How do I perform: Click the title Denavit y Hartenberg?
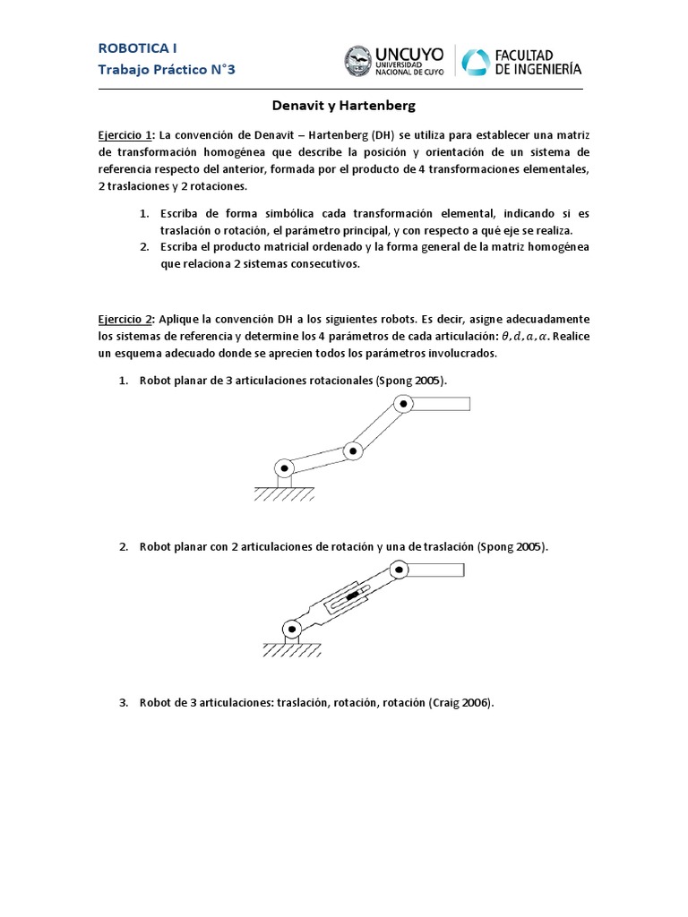click(x=344, y=106)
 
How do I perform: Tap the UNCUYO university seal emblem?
click(x=360, y=61)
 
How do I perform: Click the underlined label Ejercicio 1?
click(x=125, y=134)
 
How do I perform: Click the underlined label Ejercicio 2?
click(x=125, y=320)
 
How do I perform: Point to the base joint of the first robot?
click(x=285, y=467)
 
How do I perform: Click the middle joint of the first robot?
click(x=354, y=450)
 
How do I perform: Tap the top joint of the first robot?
click(x=404, y=405)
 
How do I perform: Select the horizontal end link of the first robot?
click(x=441, y=404)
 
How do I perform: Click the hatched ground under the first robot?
click(x=284, y=493)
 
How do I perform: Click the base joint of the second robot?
click(x=291, y=628)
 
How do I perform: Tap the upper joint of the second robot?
click(x=398, y=568)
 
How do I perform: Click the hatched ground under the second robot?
click(x=291, y=651)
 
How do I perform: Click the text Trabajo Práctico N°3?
click(x=167, y=69)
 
